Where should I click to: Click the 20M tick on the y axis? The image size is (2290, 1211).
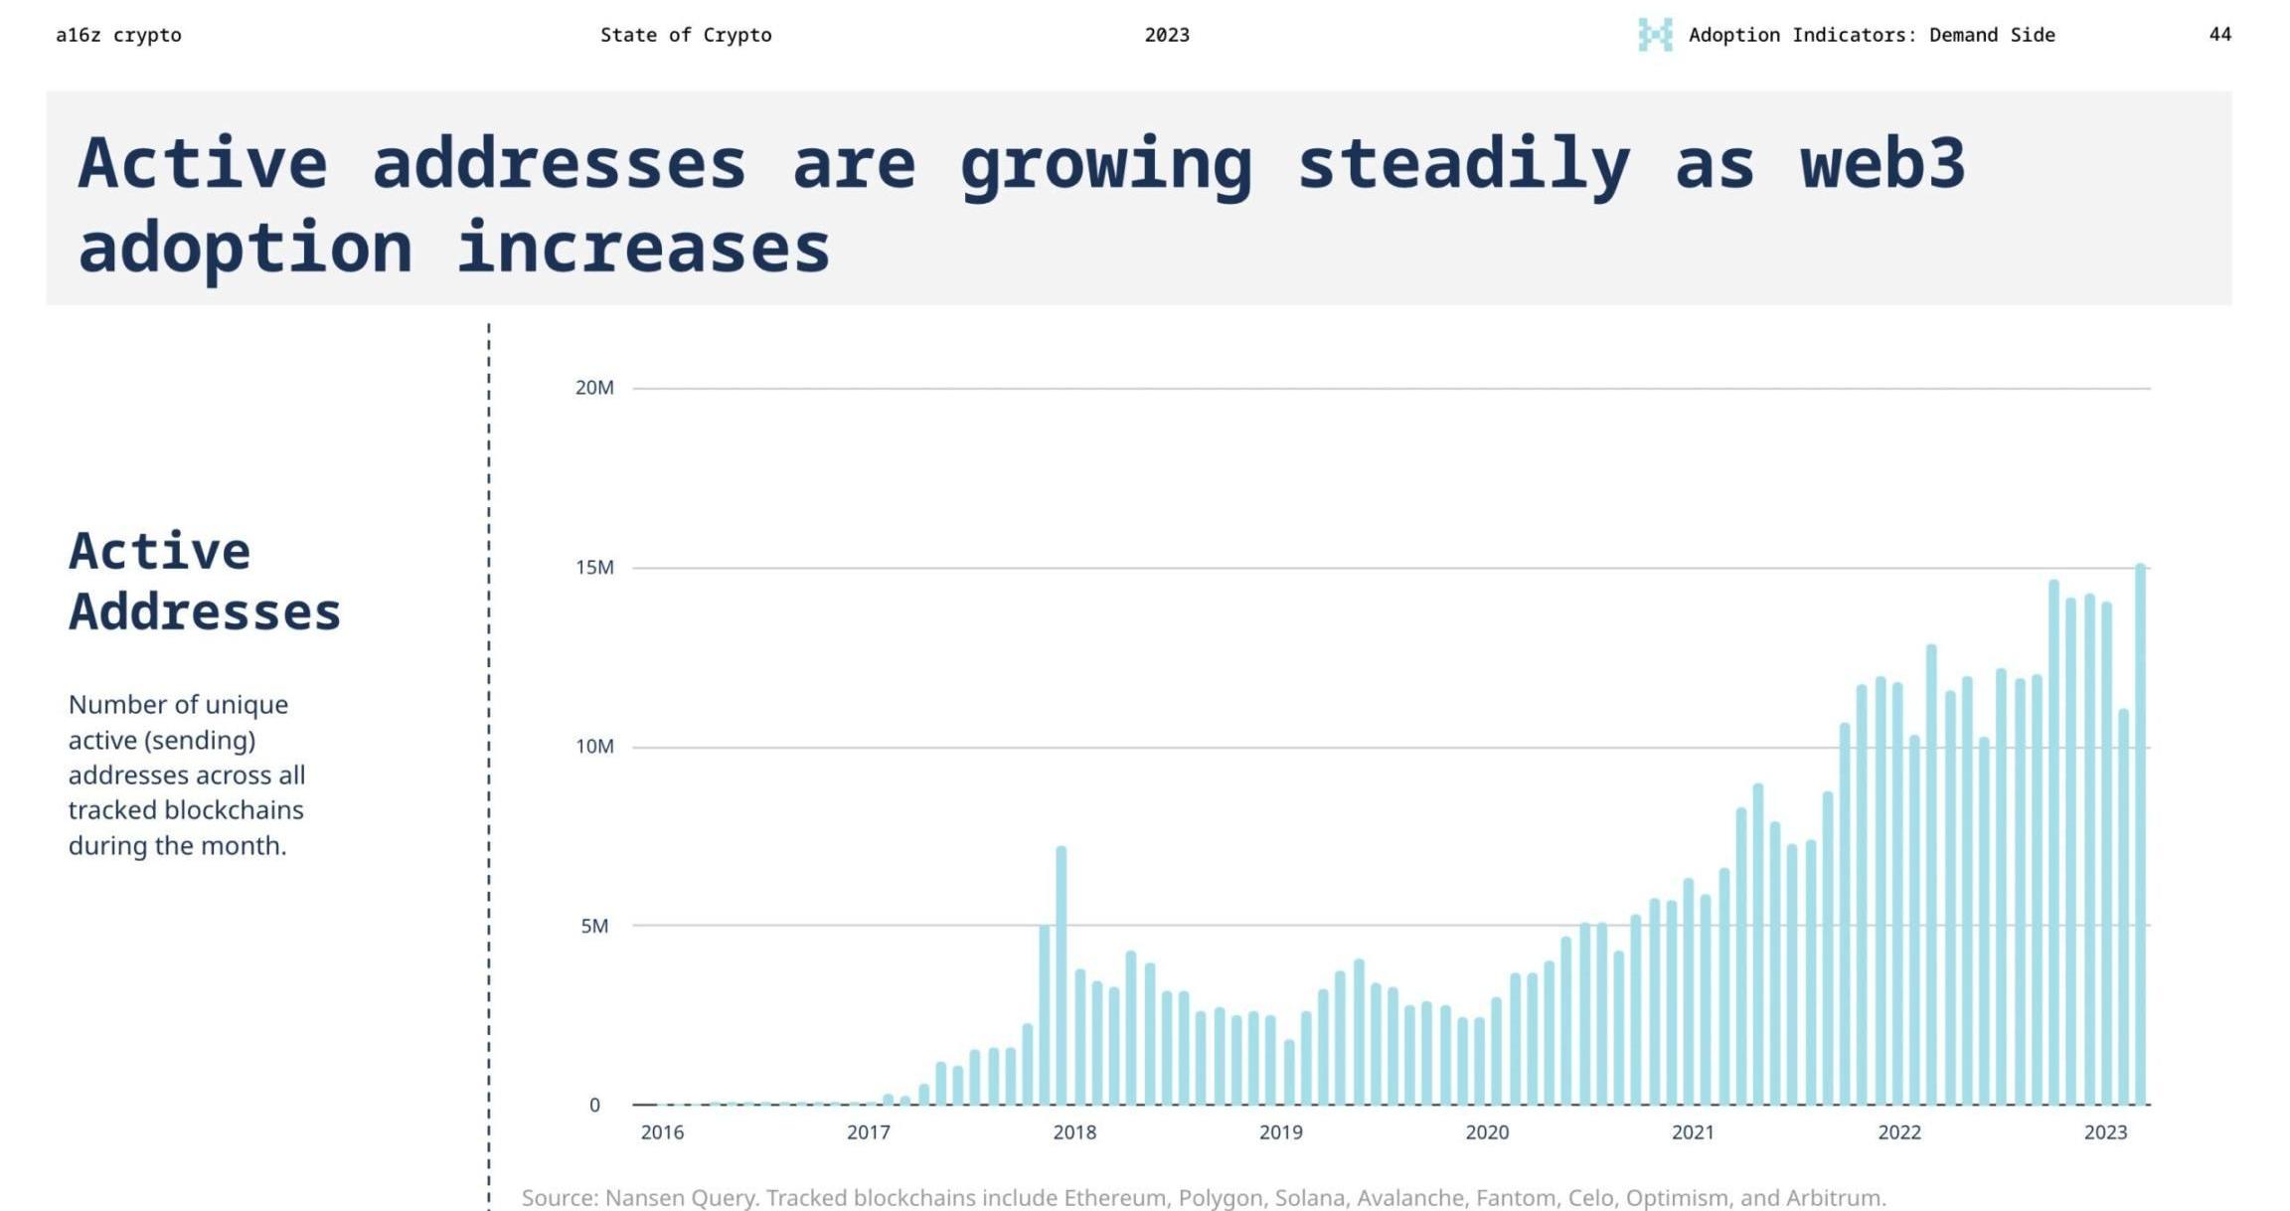594,388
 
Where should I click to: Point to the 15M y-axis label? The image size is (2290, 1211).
594,568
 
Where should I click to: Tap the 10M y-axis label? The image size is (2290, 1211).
594,747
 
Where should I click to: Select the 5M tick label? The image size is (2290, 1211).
594,927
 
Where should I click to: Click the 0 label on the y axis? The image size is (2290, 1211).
594,1106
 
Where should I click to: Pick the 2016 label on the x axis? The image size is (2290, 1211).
662,1132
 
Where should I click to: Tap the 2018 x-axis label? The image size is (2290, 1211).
1074,1132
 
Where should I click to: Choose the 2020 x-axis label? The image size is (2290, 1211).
1487,1132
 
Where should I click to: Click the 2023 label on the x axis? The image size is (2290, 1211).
2105,1132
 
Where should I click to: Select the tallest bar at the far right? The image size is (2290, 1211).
2140,835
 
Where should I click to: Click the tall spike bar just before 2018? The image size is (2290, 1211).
1061,974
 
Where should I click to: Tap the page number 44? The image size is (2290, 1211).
2219,35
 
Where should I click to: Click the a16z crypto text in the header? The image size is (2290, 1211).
118,36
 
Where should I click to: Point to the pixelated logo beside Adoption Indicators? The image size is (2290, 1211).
1655,35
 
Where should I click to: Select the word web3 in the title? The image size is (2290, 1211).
1882,164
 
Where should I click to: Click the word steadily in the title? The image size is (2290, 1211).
1463,164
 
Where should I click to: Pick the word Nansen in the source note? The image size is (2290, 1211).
643,1198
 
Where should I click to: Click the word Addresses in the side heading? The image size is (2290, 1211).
205,611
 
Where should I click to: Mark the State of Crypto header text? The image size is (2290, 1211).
686,36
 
